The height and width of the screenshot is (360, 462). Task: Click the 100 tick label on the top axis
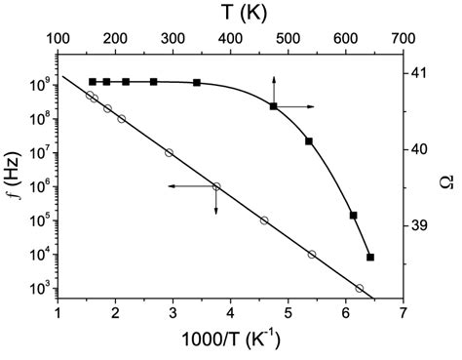pos(58,39)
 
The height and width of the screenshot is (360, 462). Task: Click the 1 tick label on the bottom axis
pos(58,313)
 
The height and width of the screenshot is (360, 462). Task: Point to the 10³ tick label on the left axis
pos(35,289)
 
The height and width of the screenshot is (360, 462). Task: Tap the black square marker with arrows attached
pos(274,105)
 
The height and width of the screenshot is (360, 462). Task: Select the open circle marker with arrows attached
pos(216,186)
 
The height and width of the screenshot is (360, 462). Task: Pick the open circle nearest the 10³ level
pos(360,288)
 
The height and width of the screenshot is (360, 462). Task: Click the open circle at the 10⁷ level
pos(170,152)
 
